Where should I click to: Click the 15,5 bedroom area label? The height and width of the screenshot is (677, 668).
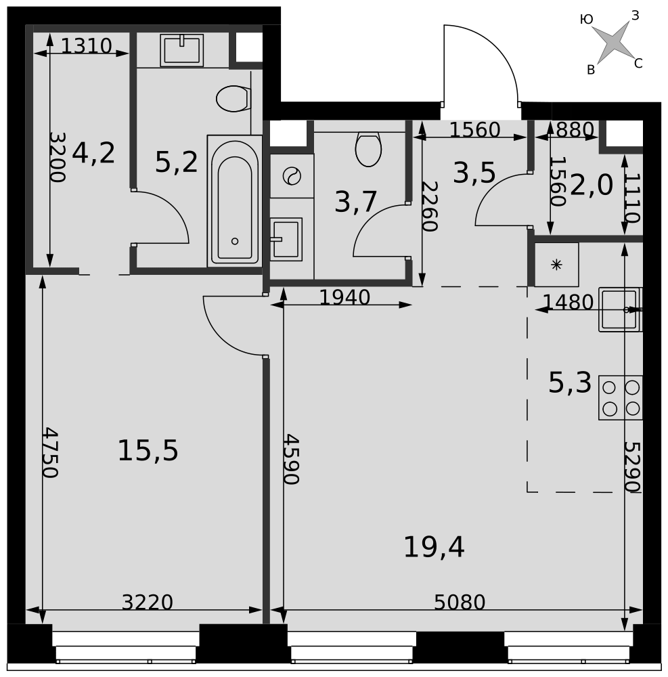(148, 451)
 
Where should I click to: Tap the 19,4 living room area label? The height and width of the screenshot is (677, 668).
(434, 547)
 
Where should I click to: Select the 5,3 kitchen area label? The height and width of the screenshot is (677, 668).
(570, 383)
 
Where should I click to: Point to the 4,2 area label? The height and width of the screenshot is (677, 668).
(93, 153)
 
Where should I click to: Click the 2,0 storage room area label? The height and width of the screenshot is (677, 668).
(592, 185)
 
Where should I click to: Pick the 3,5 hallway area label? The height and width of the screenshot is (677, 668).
(474, 173)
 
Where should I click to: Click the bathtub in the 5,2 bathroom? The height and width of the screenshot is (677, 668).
(235, 201)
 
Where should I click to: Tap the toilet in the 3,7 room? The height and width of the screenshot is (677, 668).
(368, 148)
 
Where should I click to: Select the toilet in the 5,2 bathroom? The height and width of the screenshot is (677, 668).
(233, 98)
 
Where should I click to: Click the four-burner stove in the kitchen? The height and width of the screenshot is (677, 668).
(621, 397)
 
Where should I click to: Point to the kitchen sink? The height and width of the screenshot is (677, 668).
(621, 309)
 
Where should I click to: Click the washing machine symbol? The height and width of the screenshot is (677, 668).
(292, 176)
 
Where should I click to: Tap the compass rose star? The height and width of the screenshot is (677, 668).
(613, 42)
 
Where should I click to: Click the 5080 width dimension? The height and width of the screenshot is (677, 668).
(460, 602)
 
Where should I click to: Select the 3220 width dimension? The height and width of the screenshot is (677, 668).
(147, 602)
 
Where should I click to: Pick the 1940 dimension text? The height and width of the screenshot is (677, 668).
(344, 297)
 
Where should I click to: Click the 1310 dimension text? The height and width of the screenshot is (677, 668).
(87, 46)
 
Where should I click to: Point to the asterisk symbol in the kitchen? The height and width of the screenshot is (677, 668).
(556, 265)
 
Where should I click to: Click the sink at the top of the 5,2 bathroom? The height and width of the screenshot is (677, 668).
(181, 51)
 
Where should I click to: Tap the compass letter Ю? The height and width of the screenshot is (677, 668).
(586, 20)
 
